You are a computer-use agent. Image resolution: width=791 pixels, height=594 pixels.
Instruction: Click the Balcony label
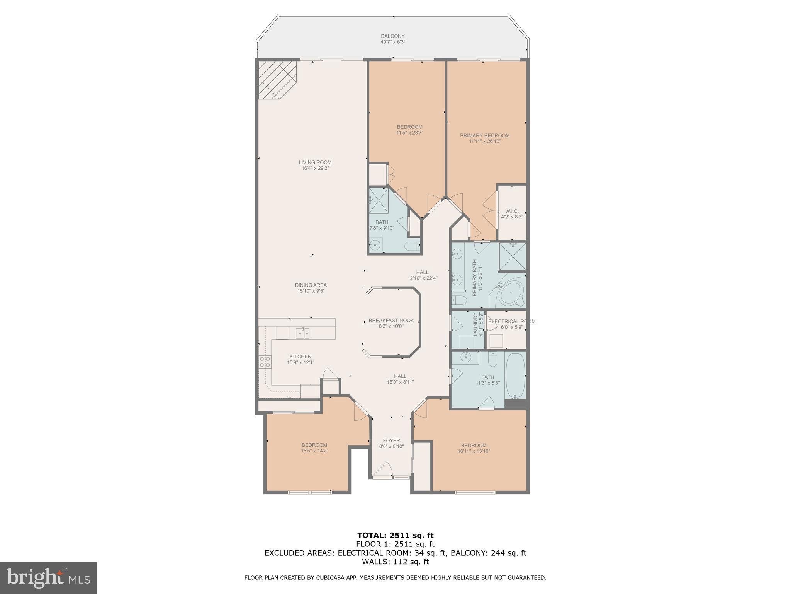click(x=392, y=36)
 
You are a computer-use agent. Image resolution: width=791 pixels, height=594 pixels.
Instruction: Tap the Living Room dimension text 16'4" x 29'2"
click(x=315, y=168)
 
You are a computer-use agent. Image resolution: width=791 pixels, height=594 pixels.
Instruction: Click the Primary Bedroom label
click(x=484, y=135)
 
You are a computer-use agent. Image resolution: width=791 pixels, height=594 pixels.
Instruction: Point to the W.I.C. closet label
click(x=512, y=211)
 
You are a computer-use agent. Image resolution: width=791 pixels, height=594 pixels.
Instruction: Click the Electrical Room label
click(x=511, y=321)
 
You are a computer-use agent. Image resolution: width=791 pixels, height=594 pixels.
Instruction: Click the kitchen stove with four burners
click(x=265, y=362)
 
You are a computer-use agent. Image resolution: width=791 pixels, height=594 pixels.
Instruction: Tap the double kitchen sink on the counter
click(x=302, y=333)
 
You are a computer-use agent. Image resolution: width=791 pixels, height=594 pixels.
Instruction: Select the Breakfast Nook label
click(x=391, y=321)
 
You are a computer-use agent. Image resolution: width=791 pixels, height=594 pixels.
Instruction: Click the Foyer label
click(x=391, y=440)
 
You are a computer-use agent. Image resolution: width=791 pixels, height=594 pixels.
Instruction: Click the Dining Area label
click(x=311, y=285)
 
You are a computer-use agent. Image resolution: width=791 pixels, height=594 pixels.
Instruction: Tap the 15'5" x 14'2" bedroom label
click(x=314, y=445)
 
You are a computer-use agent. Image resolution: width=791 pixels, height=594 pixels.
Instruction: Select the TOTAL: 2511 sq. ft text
click(x=395, y=535)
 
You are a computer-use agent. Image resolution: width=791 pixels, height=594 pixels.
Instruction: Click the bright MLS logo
click(x=48, y=578)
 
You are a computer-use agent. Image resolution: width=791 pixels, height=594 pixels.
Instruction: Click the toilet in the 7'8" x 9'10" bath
click(x=412, y=245)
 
